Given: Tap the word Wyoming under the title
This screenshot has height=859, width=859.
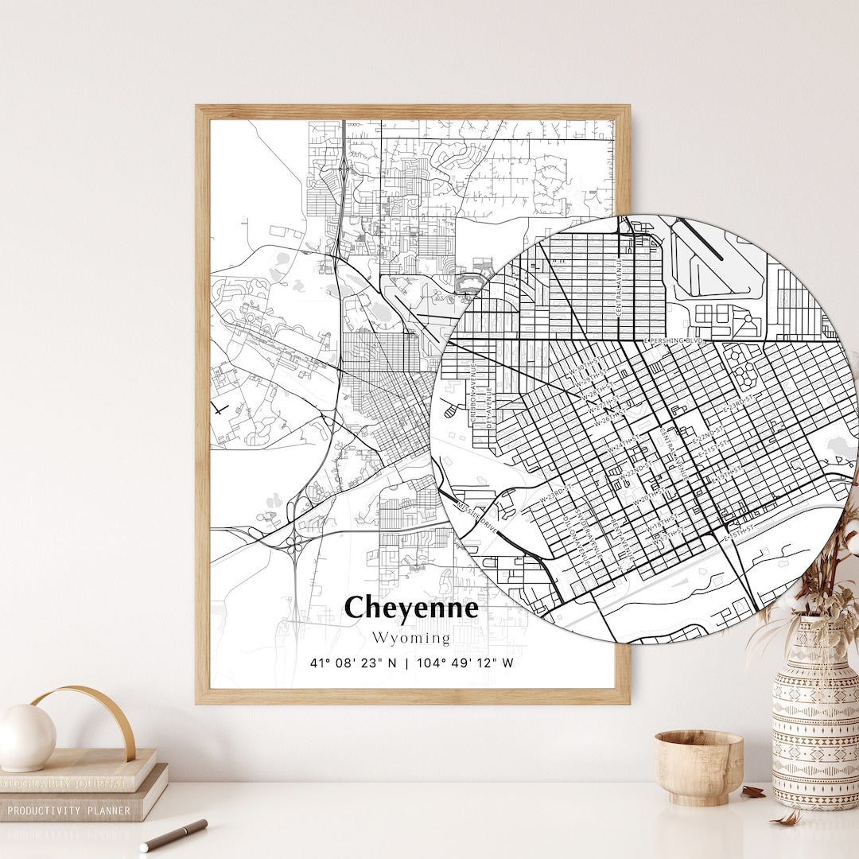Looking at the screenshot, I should click(410, 638).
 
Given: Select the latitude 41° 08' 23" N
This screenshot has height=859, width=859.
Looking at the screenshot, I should click(354, 663).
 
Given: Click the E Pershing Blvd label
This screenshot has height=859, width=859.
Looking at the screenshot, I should click(674, 340).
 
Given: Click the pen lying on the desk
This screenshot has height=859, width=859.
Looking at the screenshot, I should click(173, 835).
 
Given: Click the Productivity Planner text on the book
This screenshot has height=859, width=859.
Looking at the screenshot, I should click(69, 810).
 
